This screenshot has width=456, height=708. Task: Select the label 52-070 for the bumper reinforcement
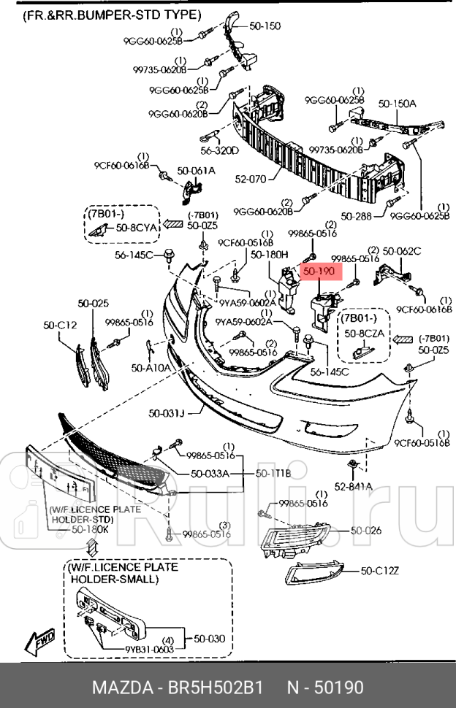(x=251, y=177)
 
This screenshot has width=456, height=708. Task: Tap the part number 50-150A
(x=396, y=104)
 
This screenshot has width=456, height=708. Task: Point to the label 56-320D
(x=220, y=151)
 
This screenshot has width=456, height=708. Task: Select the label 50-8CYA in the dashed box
(x=137, y=228)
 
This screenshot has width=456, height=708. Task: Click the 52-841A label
(x=354, y=486)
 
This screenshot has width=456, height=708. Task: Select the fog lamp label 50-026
(x=365, y=531)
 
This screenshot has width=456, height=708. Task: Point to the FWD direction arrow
(x=41, y=640)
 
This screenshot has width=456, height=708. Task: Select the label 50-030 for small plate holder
(x=209, y=639)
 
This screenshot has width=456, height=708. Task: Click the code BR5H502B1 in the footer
(x=216, y=688)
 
